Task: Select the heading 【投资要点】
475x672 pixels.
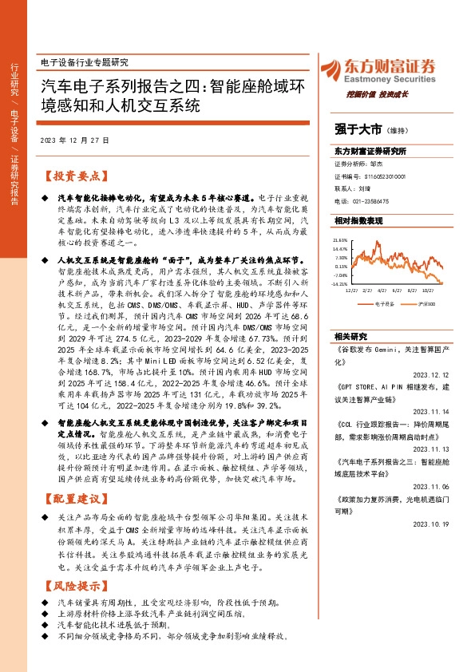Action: [72, 176]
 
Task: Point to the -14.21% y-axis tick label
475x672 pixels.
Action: [340, 283]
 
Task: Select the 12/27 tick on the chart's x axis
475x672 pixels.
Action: [350, 291]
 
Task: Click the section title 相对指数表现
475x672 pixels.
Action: [358, 219]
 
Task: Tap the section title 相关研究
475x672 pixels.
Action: [350, 337]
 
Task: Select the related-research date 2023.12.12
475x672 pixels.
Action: [436, 370]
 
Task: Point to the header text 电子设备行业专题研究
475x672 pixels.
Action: [83, 61]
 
